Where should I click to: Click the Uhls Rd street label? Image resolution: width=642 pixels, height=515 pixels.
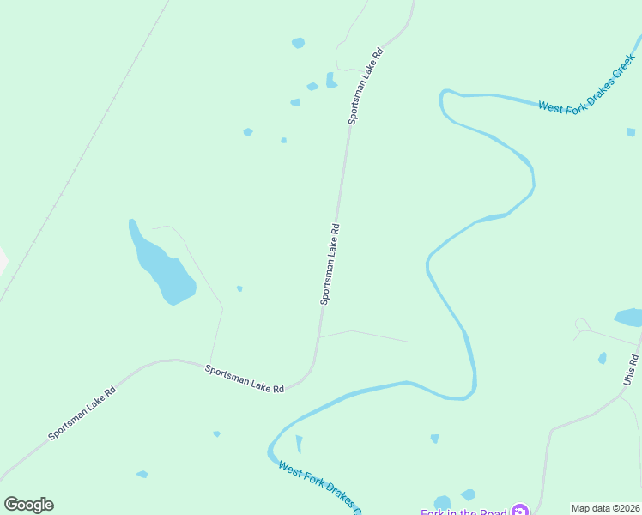[633, 370]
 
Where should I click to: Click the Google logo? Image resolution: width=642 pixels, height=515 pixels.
[28, 505]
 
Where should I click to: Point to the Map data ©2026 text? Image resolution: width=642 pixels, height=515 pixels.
[605, 508]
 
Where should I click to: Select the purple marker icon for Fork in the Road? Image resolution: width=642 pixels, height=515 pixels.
[519, 512]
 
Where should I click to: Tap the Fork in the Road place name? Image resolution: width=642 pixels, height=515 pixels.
[463, 512]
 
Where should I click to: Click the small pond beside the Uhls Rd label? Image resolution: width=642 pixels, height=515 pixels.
[603, 358]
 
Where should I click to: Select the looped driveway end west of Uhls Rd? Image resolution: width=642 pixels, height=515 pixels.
[581, 324]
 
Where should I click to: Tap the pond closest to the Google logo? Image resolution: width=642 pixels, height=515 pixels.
[142, 474]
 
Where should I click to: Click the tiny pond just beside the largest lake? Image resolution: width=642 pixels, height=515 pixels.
[239, 288]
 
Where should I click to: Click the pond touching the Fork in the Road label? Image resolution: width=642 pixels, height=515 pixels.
[442, 502]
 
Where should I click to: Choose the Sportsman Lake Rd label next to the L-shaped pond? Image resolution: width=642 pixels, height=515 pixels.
[365, 88]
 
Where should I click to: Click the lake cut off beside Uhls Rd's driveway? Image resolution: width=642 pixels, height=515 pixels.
[629, 317]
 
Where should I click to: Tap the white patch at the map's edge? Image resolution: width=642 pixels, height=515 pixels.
[3, 260]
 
